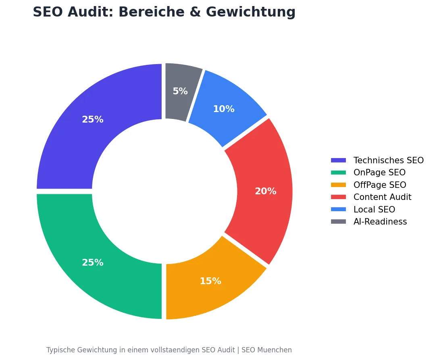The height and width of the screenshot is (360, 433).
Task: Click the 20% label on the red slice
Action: [x=265, y=191]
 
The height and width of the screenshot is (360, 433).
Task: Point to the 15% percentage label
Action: [x=210, y=281]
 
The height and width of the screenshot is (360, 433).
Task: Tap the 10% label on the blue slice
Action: [x=223, y=109]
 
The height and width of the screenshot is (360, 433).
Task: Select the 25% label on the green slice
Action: [x=93, y=263]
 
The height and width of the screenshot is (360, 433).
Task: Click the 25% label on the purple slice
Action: [x=93, y=120]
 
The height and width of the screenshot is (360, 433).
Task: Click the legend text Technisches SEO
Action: [x=388, y=160]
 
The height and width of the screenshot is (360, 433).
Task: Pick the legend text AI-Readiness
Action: [x=380, y=222]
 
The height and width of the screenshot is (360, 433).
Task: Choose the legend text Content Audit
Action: [x=382, y=197]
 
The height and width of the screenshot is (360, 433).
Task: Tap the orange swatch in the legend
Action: [x=338, y=185]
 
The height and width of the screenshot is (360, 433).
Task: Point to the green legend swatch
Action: [x=338, y=173]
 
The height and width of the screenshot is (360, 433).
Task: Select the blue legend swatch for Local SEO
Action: [x=338, y=210]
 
